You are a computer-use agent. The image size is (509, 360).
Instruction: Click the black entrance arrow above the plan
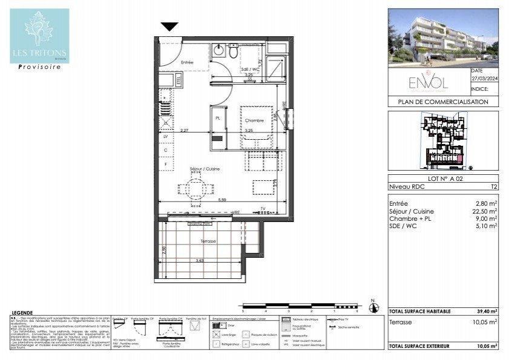point(169,27)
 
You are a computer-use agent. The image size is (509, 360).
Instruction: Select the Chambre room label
point(254,121)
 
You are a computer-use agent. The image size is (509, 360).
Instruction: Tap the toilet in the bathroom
point(233,52)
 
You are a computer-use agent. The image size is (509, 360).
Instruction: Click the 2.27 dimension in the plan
point(184,130)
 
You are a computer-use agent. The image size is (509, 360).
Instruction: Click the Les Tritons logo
point(39,36)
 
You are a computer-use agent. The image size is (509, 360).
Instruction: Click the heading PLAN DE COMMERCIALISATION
point(443,102)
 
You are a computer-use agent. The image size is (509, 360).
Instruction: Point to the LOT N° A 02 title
point(443,179)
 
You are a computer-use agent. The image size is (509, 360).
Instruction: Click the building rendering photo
point(443,38)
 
